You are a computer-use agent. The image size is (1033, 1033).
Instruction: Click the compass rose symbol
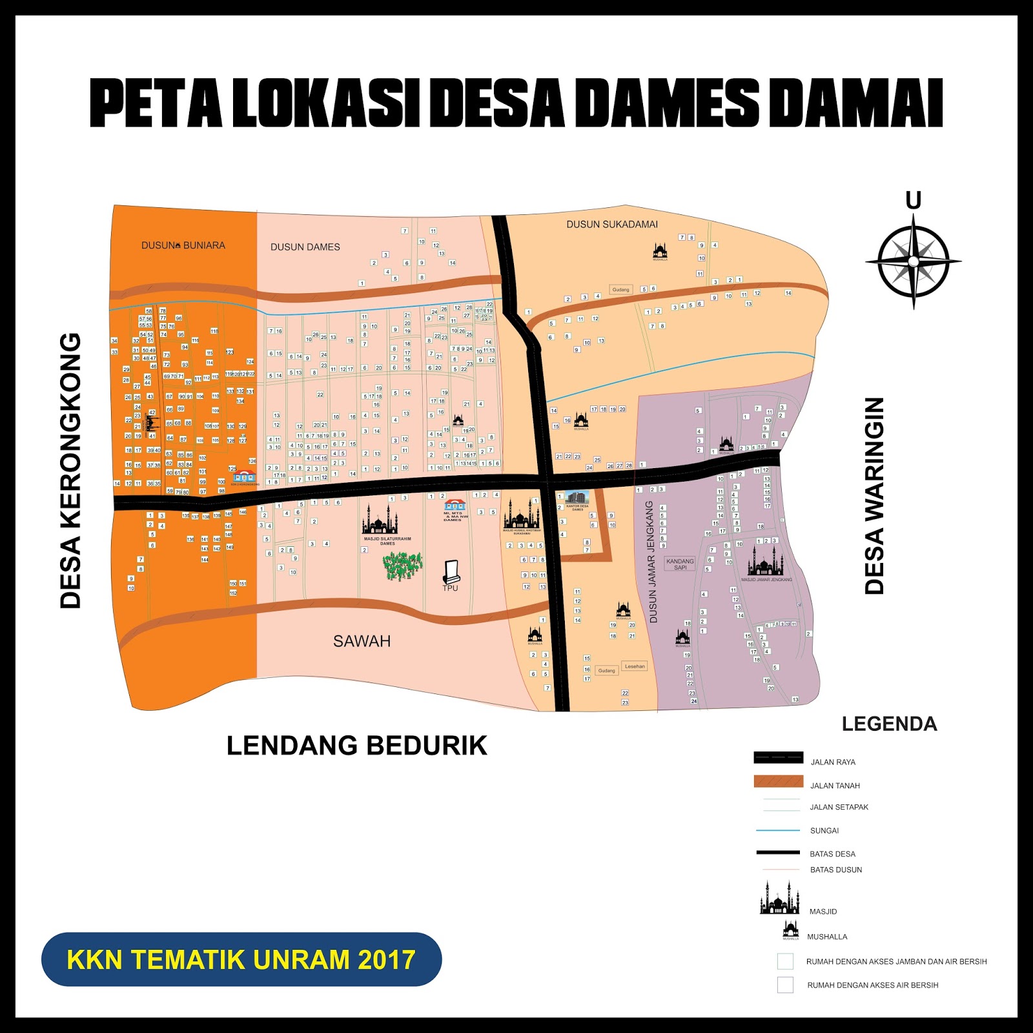[913, 261]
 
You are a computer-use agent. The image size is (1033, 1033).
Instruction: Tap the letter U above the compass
[913, 201]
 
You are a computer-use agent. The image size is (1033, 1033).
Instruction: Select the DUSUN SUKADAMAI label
[612, 225]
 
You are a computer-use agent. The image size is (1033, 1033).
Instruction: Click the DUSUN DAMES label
[305, 247]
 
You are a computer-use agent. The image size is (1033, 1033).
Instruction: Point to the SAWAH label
[362, 641]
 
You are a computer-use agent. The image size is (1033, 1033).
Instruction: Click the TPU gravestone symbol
[451, 571]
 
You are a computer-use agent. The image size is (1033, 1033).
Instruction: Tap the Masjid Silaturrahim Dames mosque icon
[380, 520]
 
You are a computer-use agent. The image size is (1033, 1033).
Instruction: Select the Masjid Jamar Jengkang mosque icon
[766, 562]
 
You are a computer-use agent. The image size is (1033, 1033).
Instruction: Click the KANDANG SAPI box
[680, 564]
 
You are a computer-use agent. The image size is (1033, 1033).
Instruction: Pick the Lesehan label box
[635, 666]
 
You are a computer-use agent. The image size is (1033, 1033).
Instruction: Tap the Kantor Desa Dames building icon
[577, 498]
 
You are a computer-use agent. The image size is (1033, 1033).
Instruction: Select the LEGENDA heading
[889, 724]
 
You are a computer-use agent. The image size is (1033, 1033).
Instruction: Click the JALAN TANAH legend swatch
[779, 782]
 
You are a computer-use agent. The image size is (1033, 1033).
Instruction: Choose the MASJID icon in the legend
[779, 899]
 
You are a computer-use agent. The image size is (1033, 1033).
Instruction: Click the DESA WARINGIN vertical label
[874, 496]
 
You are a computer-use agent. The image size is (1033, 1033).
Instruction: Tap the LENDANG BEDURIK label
[356, 746]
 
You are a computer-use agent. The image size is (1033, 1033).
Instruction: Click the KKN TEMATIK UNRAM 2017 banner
[241, 959]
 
